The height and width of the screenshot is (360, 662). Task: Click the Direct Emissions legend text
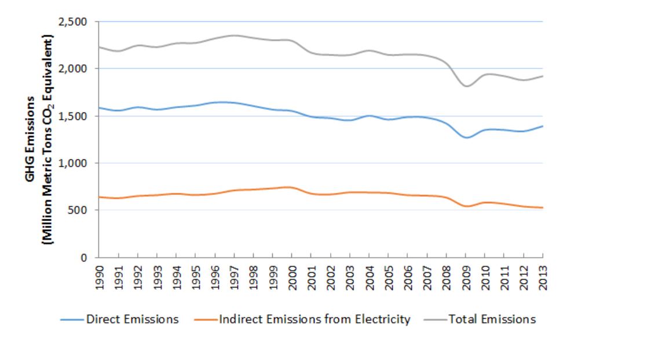[x=132, y=319]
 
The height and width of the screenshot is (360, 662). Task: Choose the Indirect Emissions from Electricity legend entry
[x=314, y=319]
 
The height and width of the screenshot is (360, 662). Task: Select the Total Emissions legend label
[x=492, y=319]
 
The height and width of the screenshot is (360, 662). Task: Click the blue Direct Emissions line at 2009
[x=466, y=138]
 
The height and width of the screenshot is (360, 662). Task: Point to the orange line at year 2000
[x=292, y=188]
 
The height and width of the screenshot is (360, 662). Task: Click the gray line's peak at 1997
[x=234, y=35]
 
